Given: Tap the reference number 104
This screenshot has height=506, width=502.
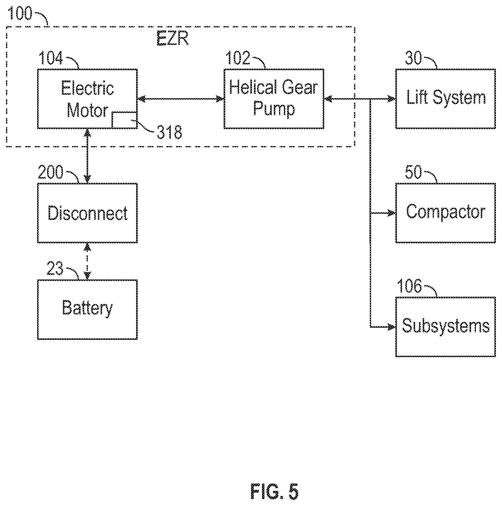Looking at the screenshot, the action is pyautogui.click(x=51, y=58).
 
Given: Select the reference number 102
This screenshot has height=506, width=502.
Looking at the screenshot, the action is pyautogui.click(x=237, y=58).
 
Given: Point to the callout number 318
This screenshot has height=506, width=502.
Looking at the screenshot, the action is pyautogui.click(x=170, y=133).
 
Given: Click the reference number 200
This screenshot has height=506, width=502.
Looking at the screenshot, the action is pyautogui.click(x=51, y=172).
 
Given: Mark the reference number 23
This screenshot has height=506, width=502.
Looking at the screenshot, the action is pyautogui.click(x=55, y=269).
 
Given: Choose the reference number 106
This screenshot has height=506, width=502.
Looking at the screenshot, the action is pyautogui.click(x=410, y=286).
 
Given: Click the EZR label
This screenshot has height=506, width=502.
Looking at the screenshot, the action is pyautogui.click(x=173, y=39).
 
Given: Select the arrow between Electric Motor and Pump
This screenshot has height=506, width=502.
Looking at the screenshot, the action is pyautogui.click(x=181, y=99).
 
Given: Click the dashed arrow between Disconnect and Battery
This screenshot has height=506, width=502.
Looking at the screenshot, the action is pyautogui.click(x=88, y=261).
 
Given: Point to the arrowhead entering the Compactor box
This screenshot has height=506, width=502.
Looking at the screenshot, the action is pyautogui.click(x=392, y=213).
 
